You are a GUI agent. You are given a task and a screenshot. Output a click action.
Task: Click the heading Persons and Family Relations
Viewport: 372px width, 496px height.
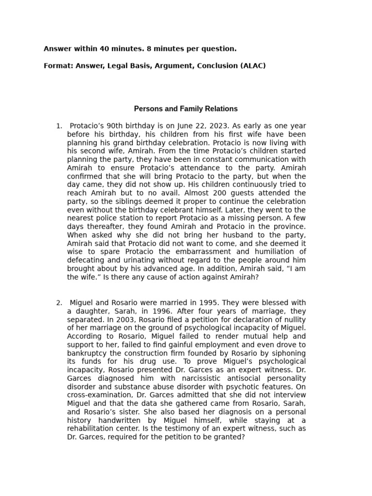point(186,108)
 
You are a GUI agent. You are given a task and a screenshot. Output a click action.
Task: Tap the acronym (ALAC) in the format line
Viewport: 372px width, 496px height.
point(253,65)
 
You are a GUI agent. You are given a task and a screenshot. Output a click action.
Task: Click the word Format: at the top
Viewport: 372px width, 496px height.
point(58,65)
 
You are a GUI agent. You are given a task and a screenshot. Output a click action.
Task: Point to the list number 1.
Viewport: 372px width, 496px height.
point(59,126)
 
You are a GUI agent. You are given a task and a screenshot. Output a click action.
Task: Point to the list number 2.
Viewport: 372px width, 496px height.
point(59,303)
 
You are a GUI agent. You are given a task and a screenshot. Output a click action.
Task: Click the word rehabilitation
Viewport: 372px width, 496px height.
point(92,429)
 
